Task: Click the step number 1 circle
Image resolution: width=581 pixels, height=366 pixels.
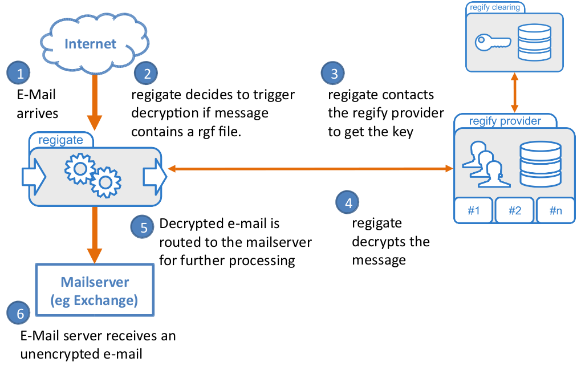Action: coord(18,73)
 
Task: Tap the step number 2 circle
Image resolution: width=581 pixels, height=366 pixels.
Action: coord(146,73)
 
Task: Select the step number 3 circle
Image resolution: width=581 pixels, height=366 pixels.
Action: coord(333,73)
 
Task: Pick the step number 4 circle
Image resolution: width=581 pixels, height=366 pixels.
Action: coord(347,202)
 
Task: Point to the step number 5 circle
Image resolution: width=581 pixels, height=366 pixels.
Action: coord(143,227)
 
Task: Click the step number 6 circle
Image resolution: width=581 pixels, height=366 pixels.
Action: coord(18,312)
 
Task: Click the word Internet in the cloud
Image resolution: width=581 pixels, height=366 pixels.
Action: coord(91,44)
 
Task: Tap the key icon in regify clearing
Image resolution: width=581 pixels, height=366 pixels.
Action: coord(493,43)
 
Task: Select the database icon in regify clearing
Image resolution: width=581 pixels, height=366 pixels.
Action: coord(534,42)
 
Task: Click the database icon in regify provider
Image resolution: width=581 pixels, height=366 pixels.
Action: coord(541,164)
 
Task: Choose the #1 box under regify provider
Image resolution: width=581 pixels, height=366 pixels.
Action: coord(474,210)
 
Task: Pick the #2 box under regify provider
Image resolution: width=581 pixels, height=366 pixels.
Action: coord(515,210)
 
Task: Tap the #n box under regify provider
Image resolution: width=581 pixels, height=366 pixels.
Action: coord(555,210)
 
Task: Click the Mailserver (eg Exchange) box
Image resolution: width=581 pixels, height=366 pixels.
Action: coord(95,290)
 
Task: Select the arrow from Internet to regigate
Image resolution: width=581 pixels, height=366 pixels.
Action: coord(95,102)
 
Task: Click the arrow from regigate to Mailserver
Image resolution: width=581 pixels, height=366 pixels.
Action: coord(95,235)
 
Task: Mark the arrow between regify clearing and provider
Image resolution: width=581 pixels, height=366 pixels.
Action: coord(514,92)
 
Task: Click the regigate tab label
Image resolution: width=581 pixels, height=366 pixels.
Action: coord(61,140)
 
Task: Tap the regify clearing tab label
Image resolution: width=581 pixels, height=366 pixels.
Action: coord(495,7)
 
